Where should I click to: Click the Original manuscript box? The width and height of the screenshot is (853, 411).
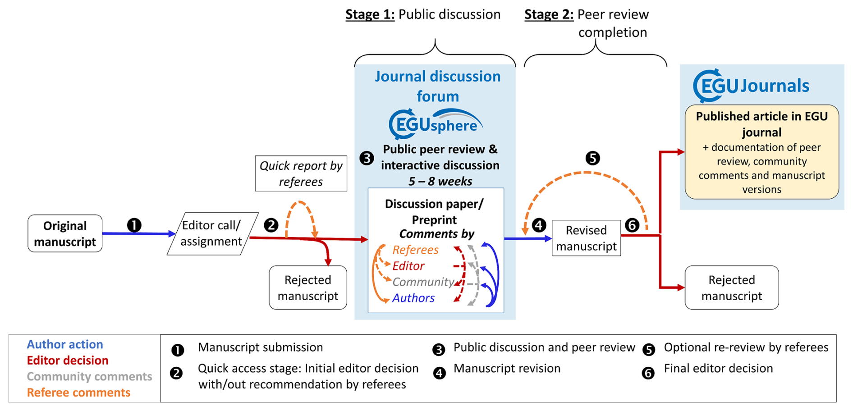pyautogui.click(x=65, y=233)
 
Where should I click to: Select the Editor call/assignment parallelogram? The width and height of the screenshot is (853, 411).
pyautogui.click(x=212, y=233)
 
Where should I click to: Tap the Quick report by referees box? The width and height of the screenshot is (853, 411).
pyautogui.click(x=301, y=174)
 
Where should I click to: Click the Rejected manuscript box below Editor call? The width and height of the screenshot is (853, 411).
pyautogui.click(x=308, y=288)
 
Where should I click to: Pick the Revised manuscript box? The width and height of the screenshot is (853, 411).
pyautogui.click(x=586, y=238)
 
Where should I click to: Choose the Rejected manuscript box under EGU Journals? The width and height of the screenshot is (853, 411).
pyautogui.click(x=731, y=288)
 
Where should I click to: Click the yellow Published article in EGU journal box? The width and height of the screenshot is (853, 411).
pyautogui.click(x=761, y=152)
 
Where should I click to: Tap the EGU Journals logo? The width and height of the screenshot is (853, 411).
pyautogui.click(x=751, y=86)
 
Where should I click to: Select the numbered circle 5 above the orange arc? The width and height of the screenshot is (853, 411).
pyautogui.click(x=592, y=158)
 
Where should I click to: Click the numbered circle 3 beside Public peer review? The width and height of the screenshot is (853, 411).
pyautogui.click(x=367, y=158)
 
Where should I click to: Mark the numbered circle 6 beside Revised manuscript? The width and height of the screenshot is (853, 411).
pyautogui.click(x=632, y=225)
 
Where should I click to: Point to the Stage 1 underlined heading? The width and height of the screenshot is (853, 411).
pyautogui.click(x=370, y=14)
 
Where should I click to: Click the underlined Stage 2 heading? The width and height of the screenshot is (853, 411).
pyautogui.click(x=549, y=14)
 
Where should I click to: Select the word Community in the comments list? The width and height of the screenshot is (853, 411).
pyautogui.click(x=423, y=282)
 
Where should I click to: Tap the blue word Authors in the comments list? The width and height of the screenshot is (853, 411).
pyautogui.click(x=413, y=298)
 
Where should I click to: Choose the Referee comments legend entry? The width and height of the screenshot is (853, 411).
pyautogui.click(x=78, y=393)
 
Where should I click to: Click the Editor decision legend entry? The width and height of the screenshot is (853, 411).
pyautogui.click(x=68, y=361)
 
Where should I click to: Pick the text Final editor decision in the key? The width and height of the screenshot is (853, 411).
pyautogui.click(x=718, y=369)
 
